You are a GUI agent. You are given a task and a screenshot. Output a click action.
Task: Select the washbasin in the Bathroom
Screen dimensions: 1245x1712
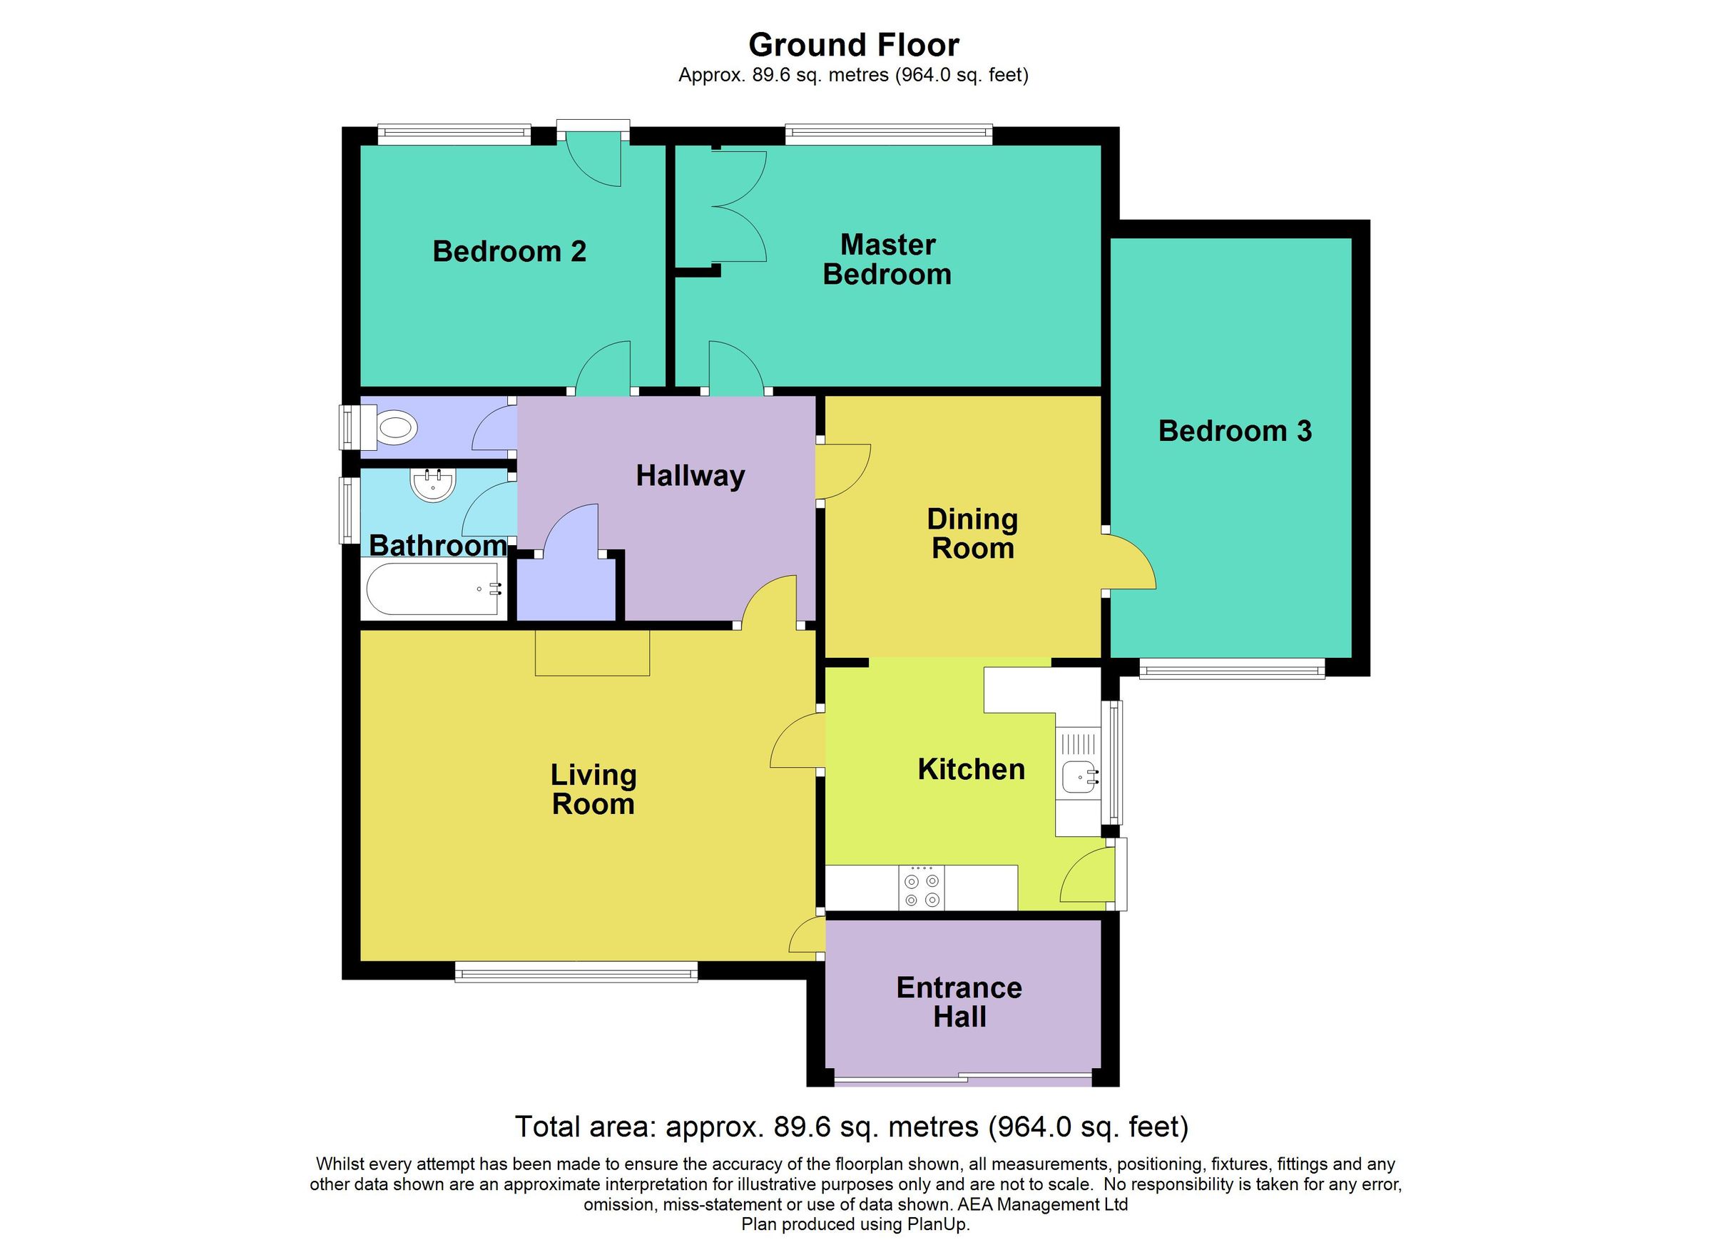[432, 484]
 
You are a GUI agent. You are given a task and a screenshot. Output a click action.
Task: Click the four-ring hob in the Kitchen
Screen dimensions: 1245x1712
[922, 889]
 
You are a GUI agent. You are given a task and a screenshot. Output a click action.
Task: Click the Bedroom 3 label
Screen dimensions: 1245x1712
[1235, 431]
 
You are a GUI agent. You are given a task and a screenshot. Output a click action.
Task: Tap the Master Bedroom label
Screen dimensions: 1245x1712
[887, 260]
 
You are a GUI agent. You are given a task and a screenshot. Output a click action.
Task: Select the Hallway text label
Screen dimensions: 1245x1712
[690, 476]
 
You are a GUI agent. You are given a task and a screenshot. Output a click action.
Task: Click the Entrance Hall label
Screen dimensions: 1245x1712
[959, 1002]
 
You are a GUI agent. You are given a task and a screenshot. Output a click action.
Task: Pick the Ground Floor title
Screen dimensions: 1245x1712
[853, 45]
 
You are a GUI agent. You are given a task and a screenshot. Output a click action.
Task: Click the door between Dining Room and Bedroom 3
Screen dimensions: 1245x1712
[1128, 562]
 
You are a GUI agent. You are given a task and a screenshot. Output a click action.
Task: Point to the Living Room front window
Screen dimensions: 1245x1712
[576, 972]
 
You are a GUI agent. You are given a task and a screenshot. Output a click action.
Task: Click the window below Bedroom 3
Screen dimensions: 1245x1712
[1231, 669]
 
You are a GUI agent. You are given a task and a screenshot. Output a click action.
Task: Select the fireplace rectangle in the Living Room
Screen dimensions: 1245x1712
[593, 653]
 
